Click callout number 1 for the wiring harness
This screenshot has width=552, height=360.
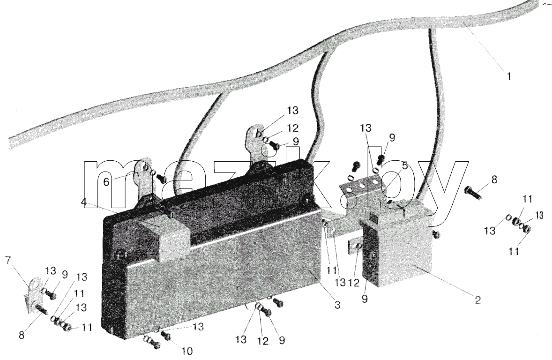(x=509, y=76)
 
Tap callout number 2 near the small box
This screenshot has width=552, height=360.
(x=477, y=300)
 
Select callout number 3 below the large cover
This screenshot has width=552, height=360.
(x=337, y=305)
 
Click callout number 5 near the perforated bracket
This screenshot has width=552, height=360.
(x=405, y=165)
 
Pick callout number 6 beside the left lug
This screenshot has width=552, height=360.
(x=106, y=182)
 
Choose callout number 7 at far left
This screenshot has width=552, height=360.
(x=8, y=261)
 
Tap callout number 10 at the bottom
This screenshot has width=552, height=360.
(x=187, y=351)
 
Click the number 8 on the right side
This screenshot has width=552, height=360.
(x=494, y=180)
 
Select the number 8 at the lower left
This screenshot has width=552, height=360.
(x=22, y=335)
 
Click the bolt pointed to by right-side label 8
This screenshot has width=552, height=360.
(x=473, y=193)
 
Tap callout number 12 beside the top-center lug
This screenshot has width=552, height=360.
(x=292, y=128)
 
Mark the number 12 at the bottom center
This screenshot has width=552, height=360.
(x=262, y=341)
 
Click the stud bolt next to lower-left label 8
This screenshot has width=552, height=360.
(x=42, y=311)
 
